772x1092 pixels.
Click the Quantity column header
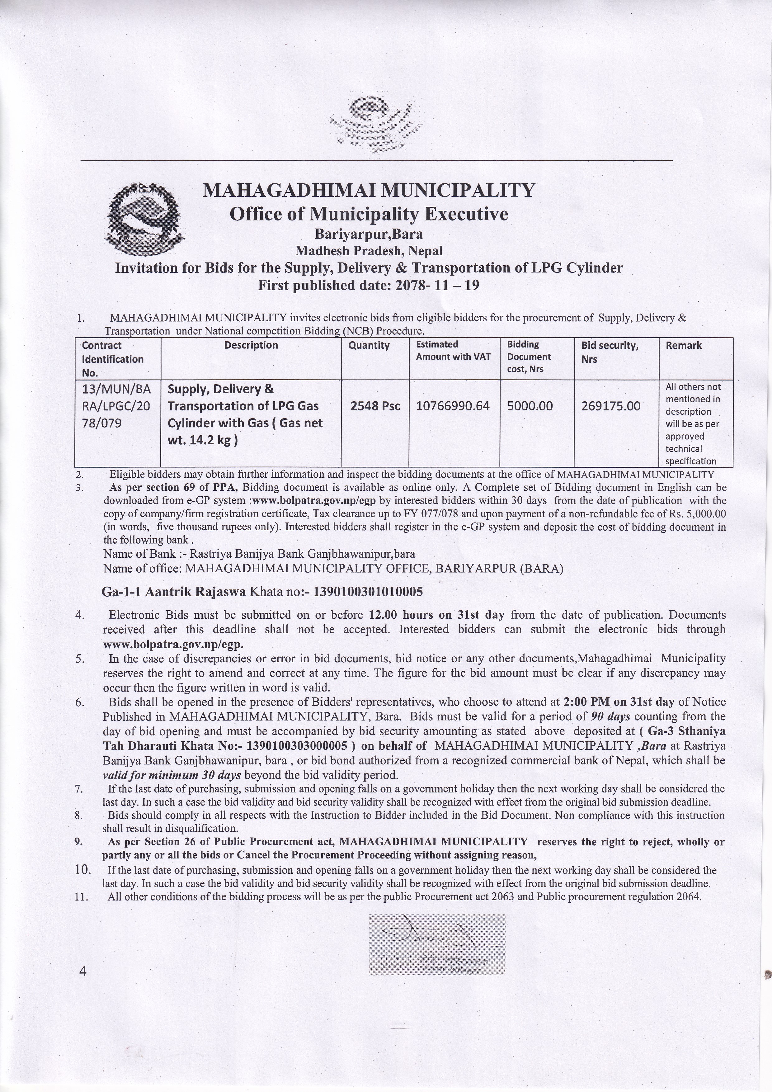pyautogui.click(x=369, y=345)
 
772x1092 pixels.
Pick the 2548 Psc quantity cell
pyautogui.click(x=375, y=406)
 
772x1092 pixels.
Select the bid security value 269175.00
pyautogui.click(x=610, y=406)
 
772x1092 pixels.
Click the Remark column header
pyautogui.click(x=684, y=346)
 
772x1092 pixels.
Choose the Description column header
pyautogui.click(x=251, y=345)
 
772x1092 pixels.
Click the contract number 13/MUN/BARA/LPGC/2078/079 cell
pyautogui.click(x=116, y=406)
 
